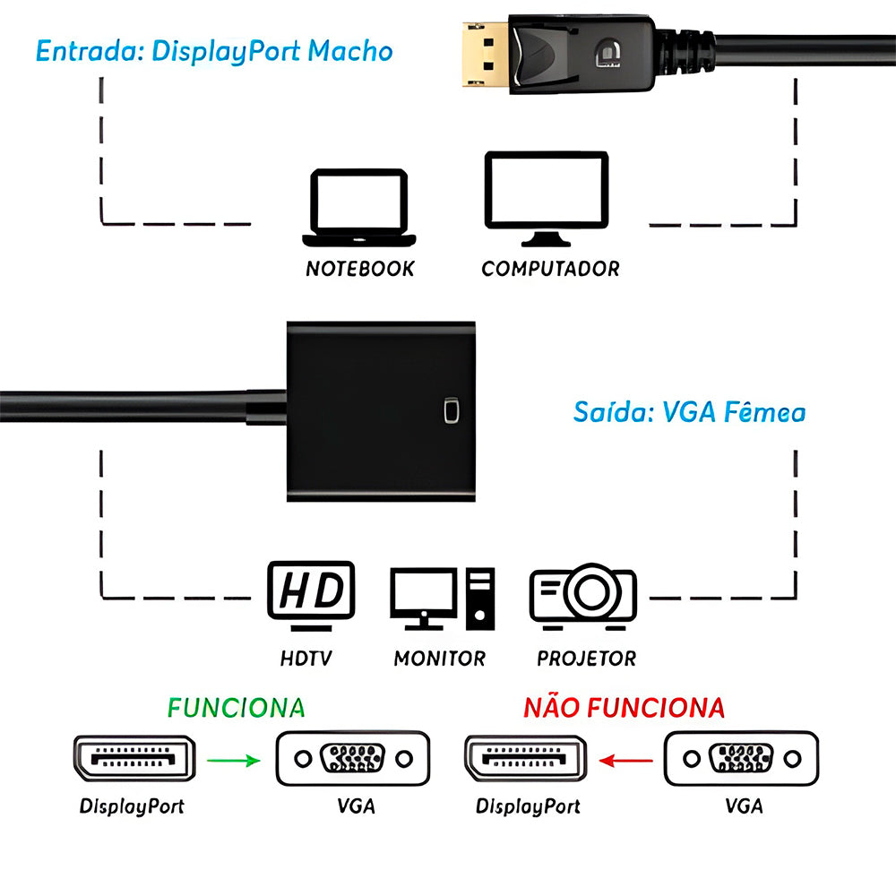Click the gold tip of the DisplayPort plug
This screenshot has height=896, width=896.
480,56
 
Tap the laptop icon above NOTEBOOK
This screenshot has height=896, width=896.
359,208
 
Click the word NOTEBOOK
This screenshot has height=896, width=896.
360,269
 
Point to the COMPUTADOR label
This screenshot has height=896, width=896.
550,269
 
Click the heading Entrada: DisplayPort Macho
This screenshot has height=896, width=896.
214,50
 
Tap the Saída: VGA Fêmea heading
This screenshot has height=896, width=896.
689,412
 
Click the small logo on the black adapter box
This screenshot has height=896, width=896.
451,411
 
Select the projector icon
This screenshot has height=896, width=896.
583,592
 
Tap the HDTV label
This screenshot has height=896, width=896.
306,659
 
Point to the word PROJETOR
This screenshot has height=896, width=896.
586,659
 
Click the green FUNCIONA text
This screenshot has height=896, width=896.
237,708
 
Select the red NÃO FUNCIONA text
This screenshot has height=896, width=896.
624,708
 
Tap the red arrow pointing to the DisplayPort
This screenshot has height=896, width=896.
625,761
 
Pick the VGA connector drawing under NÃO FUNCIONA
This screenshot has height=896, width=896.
741,759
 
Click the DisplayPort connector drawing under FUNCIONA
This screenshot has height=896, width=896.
133,759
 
